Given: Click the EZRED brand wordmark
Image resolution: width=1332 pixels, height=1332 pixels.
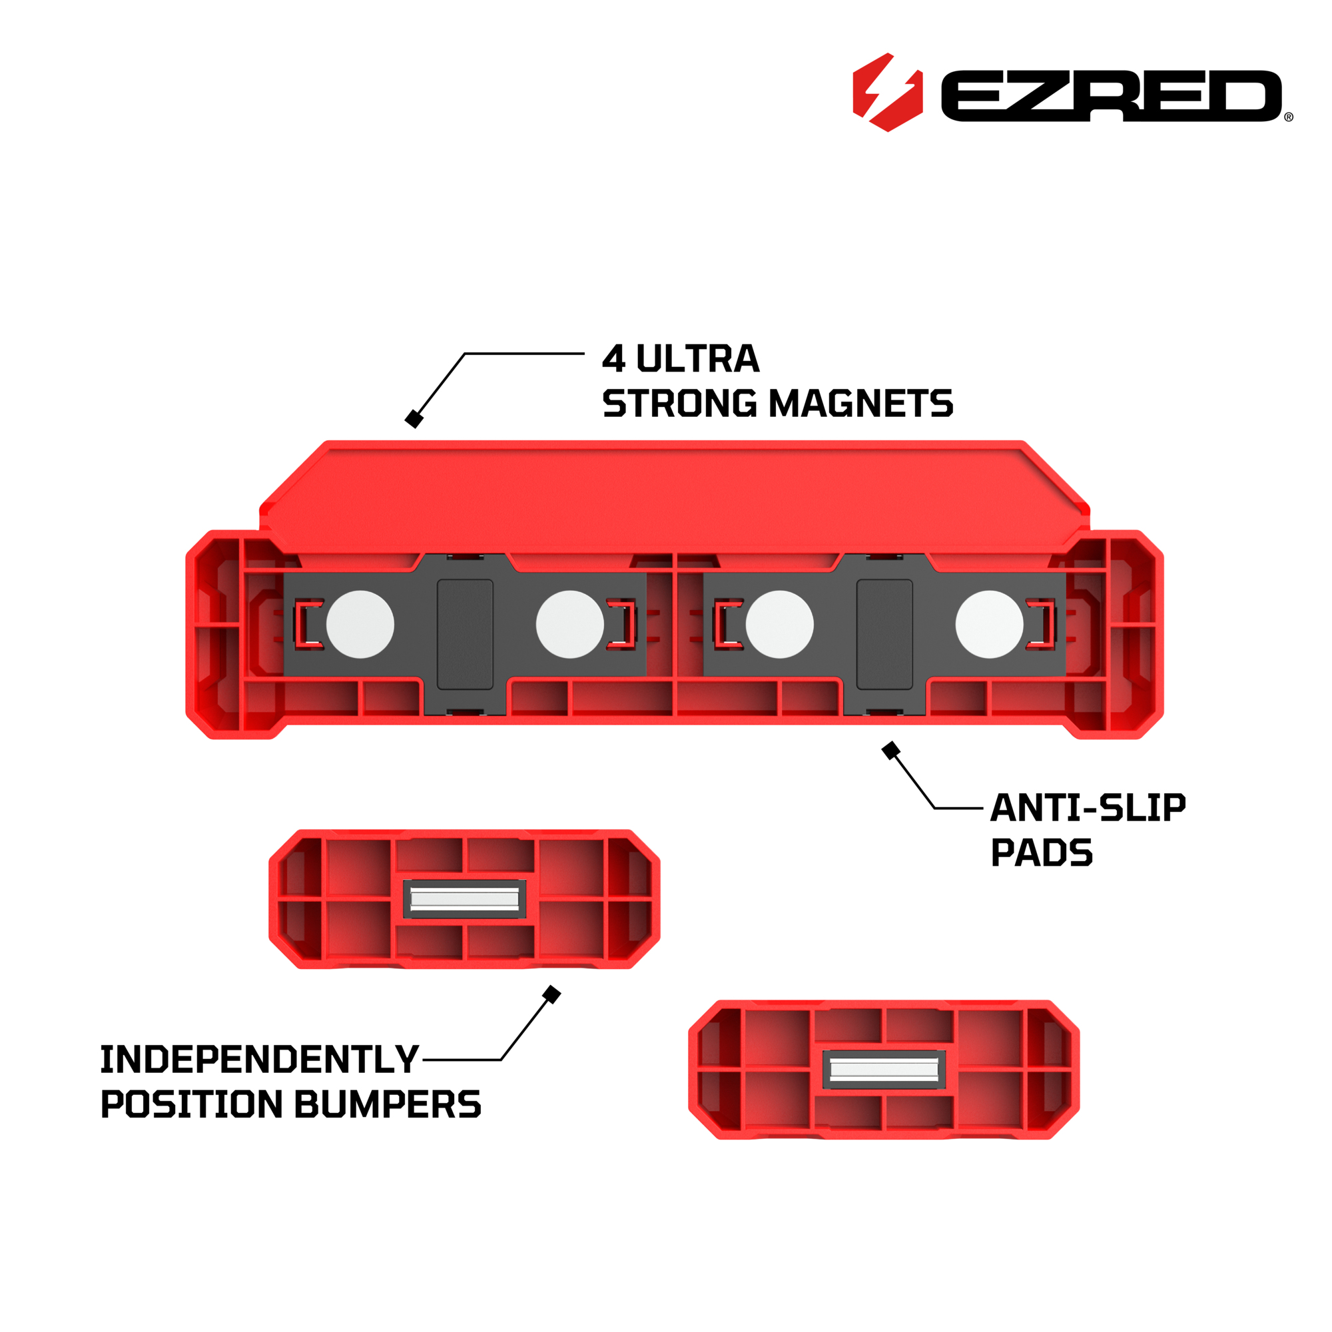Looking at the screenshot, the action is pos(1111,96).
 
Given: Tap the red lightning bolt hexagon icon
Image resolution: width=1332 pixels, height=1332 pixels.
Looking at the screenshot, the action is pos(887,93).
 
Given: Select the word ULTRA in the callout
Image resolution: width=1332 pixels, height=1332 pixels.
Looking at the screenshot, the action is pos(697,359).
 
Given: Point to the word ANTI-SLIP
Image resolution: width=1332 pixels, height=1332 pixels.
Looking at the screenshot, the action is pos(1088,808).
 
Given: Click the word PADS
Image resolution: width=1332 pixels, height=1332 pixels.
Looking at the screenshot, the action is pos(1042,853).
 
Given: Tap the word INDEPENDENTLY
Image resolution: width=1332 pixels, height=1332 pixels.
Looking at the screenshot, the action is pos(260,1060).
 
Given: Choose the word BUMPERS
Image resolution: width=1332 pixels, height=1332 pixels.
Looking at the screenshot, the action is pos(388,1104).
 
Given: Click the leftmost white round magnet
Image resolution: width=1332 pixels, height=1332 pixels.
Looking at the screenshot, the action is pos(360,624).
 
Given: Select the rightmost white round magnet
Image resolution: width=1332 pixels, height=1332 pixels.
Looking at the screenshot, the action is pos(990,624).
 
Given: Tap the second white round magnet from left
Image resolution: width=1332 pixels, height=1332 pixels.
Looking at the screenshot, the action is pos(570,624).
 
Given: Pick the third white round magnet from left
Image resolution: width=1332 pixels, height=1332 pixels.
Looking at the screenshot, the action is pos(780,624).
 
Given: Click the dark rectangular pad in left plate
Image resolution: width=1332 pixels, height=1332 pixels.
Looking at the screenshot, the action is pos(466,634).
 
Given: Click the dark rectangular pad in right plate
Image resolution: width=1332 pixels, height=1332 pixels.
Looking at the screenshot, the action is pos(884,634).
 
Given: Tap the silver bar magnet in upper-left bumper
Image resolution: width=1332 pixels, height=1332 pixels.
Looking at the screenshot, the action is pos(465,898).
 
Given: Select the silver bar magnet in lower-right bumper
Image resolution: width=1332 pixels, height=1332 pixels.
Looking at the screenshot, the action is pos(884,1070).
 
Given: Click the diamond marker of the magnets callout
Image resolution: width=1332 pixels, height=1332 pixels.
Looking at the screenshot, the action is pos(414,418).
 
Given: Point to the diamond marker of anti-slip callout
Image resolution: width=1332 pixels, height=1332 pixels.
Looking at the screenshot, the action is pos(890,750).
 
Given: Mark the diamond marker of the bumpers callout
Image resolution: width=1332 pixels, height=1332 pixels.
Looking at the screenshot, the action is pos(551,994).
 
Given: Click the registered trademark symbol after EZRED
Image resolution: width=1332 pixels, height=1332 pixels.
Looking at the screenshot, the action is pos(1289,117).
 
